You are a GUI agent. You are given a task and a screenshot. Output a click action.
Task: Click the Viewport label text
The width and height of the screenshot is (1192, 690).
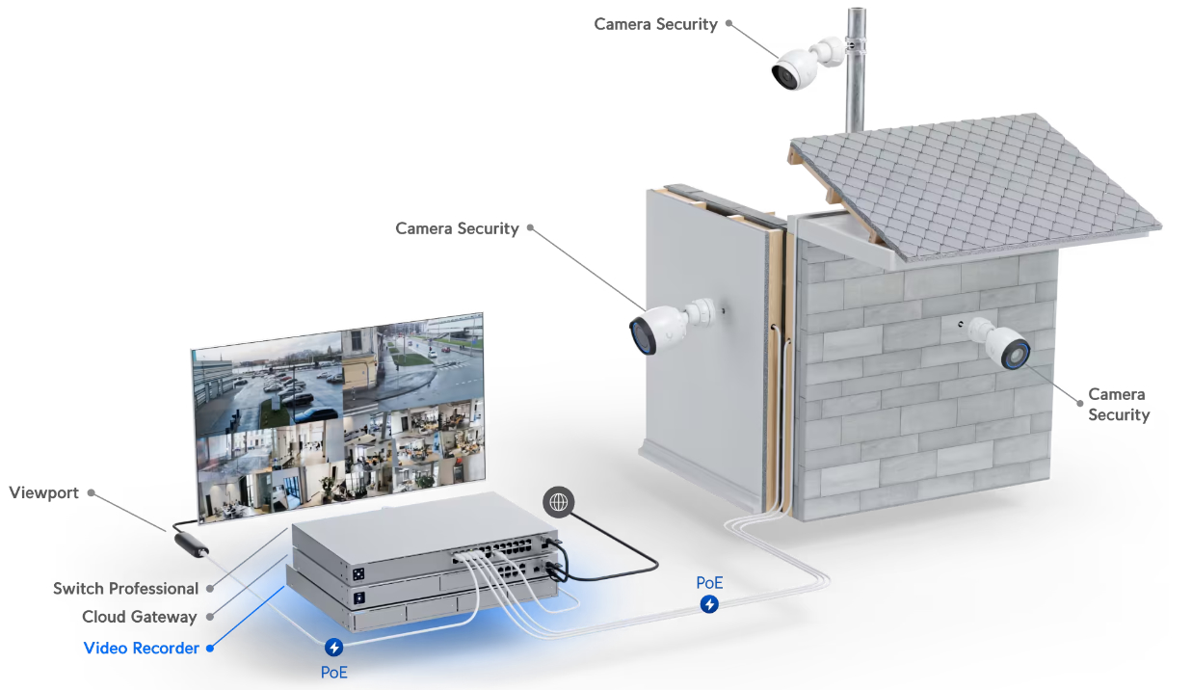(x=43, y=492)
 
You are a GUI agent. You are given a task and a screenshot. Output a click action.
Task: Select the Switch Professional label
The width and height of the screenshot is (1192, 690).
(x=125, y=588)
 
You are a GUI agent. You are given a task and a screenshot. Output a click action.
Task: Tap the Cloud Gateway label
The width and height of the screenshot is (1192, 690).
(x=139, y=617)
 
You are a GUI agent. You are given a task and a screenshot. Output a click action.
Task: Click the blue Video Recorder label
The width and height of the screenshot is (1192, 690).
(x=141, y=648)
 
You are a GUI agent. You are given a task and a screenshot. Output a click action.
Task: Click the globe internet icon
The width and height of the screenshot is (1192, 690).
(x=559, y=501)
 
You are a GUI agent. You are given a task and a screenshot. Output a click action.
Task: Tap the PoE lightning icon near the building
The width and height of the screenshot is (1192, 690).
(x=709, y=604)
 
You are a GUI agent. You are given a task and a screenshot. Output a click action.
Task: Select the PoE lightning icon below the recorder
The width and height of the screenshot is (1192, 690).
(x=334, y=648)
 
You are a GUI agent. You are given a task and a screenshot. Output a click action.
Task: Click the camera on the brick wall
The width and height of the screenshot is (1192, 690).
(x=1002, y=345)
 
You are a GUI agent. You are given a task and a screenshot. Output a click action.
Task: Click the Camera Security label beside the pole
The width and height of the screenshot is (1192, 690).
(x=655, y=24)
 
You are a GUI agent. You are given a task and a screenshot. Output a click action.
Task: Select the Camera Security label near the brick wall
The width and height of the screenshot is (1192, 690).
(x=1118, y=405)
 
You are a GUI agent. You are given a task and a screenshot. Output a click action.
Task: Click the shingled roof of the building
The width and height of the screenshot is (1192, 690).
(x=973, y=183)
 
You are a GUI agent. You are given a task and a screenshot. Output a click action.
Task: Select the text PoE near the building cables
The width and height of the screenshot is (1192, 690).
(x=709, y=583)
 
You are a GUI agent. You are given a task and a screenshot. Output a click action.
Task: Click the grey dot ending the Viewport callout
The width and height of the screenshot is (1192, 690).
(x=91, y=492)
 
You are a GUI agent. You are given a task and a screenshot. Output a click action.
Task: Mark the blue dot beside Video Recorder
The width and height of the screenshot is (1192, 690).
(x=210, y=648)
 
